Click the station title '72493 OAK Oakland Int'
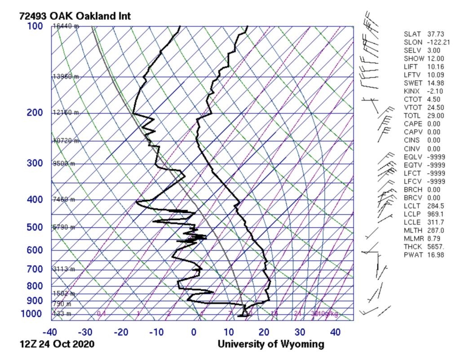tap(75, 16)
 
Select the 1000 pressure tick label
tap(32, 314)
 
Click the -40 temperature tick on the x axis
tap(50, 333)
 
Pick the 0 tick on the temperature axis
tap(194, 333)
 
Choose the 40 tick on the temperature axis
tap(335, 333)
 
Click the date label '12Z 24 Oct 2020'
tap(57, 345)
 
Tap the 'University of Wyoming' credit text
tap(271, 345)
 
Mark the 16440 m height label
tap(66, 26)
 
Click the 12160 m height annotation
tap(66, 113)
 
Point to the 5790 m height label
tap(64, 228)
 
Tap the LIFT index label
tap(411, 66)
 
